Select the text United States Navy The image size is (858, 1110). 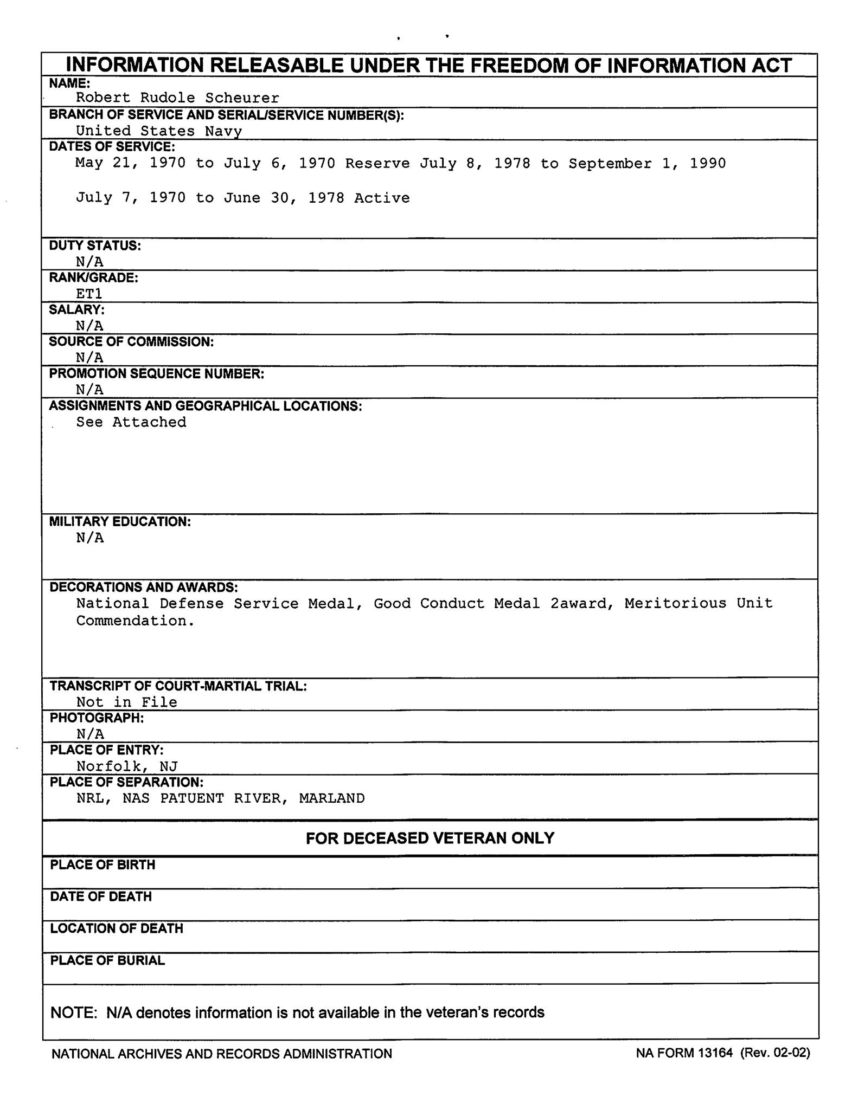(158, 131)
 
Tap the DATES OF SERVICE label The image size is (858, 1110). (112, 147)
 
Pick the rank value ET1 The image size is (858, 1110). (89, 294)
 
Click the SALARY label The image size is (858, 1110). (76, 310)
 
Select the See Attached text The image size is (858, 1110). (131, 422)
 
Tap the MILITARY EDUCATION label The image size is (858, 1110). (120, 522)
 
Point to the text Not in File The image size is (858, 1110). (126, 702)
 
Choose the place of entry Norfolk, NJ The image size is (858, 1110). (127, 766)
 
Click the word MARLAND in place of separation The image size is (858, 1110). (331, 798)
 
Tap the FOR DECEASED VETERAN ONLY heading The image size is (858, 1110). (430, 838)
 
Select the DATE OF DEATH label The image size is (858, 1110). (101, 897)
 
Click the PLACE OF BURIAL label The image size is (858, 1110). (107, 961)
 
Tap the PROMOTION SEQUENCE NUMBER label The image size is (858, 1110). (156, 374)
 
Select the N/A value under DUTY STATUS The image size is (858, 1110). (89, 262)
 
